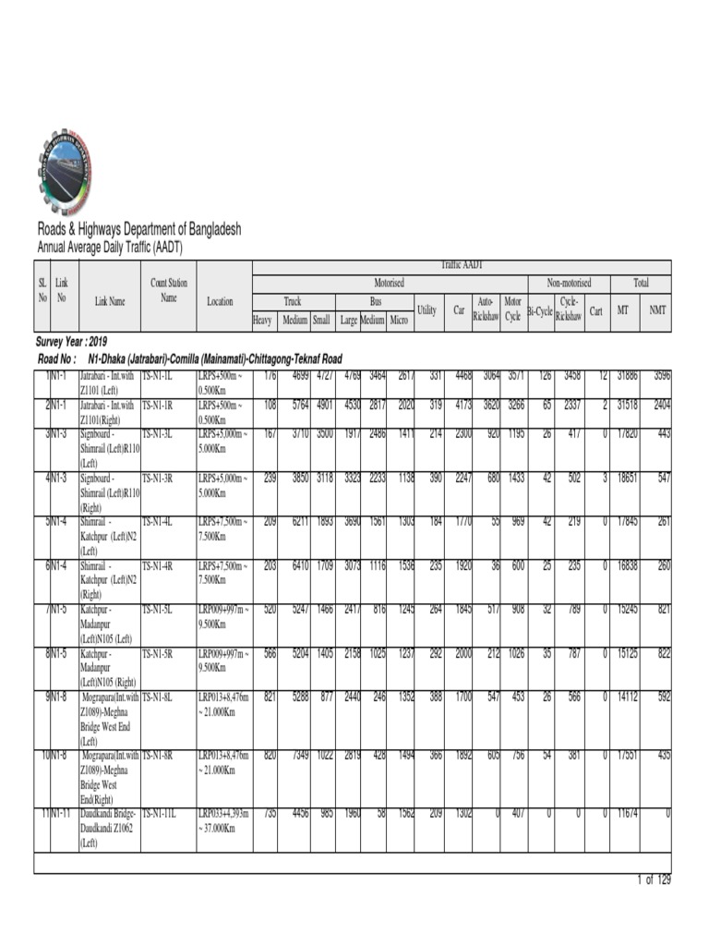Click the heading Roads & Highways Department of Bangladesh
(138, 229)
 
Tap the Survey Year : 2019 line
(71, 341)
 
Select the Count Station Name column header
(168, 290)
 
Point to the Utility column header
(427, 310)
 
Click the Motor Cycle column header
(512, 309)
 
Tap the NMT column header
(657, 310)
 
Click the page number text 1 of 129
(654, 879)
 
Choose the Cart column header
(596, 310)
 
